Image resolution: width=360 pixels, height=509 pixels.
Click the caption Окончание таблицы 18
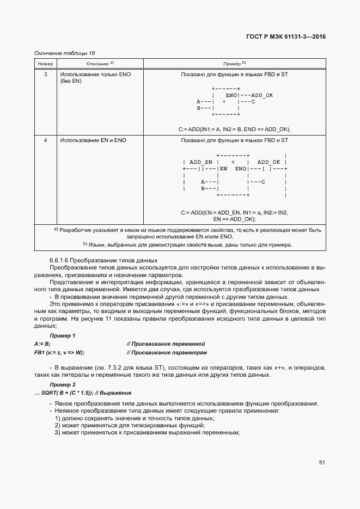tap(64, 52)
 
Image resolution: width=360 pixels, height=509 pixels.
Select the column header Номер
tap(45, 64)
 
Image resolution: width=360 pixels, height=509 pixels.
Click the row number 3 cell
tap(45, 73)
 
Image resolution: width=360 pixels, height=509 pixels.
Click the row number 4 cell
tap(45, 140)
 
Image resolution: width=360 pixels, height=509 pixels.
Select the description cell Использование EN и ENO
tap(93, 140)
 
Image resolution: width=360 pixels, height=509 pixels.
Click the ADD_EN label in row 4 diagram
tap(200, 162)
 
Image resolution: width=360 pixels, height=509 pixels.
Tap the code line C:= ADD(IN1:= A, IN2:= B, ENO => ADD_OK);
tap(234, 129)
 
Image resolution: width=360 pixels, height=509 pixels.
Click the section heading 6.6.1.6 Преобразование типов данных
tap(95, 260)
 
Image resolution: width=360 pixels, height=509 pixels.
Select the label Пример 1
tap(63, 335)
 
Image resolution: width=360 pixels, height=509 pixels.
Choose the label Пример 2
tap(63, 384)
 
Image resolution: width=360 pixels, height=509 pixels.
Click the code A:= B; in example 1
tap(42, 344)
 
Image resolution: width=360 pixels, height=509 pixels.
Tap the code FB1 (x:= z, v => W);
tap(59, 353)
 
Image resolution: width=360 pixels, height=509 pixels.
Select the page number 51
tap(322, 463)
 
